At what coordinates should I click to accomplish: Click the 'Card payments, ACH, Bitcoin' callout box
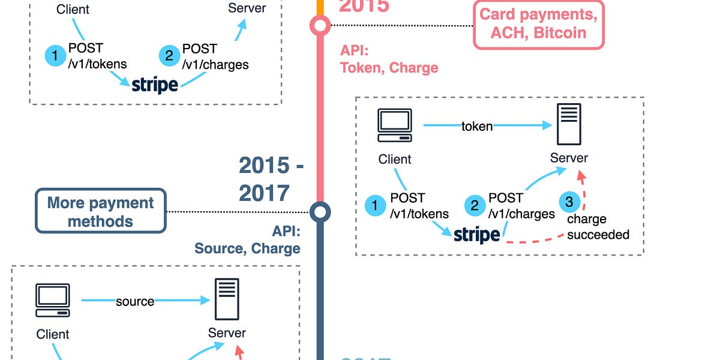(538, 24)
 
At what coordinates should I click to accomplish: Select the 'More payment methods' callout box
(100, 211)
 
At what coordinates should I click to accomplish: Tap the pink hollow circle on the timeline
(320, 25)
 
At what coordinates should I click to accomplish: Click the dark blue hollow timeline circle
(320, 211)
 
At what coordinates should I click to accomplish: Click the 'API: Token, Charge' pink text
(389, 59)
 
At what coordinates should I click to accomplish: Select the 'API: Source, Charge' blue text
(247, 240)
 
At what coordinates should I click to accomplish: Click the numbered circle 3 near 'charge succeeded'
(569, 202)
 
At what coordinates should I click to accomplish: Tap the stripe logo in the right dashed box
(476, 235)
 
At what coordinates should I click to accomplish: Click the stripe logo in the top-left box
(155, 84)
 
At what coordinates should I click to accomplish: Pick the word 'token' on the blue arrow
(477, 126)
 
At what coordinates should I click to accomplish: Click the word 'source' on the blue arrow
(135, 301)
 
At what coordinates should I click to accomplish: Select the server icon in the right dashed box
(568, 124)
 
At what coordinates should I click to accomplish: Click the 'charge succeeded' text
(598, 227)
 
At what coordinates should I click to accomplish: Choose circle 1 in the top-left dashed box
(56, 56)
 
